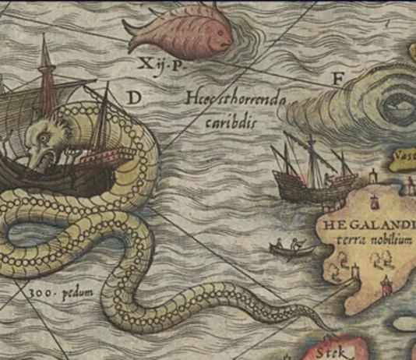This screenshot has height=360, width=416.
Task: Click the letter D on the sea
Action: tap(134, 97)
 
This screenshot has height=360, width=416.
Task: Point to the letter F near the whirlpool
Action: tap(337, 79)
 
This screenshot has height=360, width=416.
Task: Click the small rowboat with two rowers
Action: tap(293, 250)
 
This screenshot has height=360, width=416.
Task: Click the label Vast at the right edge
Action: tap(405, 155)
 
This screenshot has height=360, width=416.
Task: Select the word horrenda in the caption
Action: tap(256, 99)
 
